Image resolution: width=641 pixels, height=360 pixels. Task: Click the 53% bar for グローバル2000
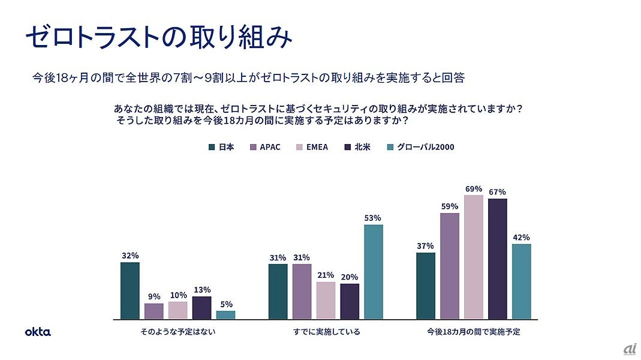pyautogui.click(x=372, y=272)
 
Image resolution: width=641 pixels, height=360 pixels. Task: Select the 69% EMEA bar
pyautogui.click(x=473, y=257)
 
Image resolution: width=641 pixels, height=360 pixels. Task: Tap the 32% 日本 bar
pyautogui.click(x=130, y=290)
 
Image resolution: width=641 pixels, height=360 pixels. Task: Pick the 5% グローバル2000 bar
pyautogui.click(x=225, y=314)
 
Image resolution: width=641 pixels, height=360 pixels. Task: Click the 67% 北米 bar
pyautogui.click(x=497, y=259)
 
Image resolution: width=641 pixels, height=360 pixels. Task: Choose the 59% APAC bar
pyautogui.click(x=449, y=266)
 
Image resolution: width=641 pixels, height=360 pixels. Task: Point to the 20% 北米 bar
pyautogui.click(x=349, y=301)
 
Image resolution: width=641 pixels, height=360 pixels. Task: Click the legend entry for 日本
pyautogui.click(x=221, y=147)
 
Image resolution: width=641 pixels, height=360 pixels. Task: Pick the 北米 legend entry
pyautogui.click(x=357, y=147)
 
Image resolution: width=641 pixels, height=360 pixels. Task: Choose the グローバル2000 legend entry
pyautogui.click(x=420, y=147)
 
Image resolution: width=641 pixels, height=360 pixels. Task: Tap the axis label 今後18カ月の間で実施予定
pyautogui.click(x=473, y=331)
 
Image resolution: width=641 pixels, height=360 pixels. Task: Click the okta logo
pyautogui.click(x=38, y=331)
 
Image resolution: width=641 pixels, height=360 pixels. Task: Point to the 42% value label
pyautogui.click(x=521, y=237)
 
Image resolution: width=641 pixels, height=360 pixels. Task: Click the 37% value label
pyautogui.click(x=425, y=245)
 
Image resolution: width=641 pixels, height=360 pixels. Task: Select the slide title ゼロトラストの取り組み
pyautogui.click(x=159, y=37)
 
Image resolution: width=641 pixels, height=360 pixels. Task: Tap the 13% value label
pyautogui.click(x=202, y=289)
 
